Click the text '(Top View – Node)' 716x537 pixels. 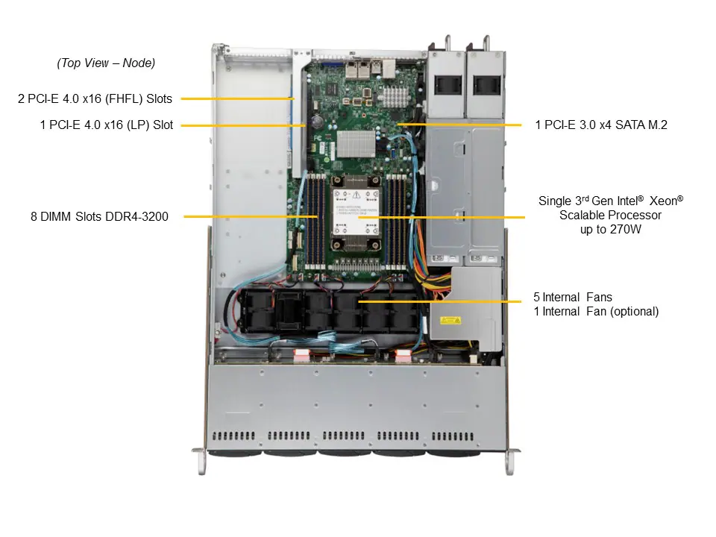point(106,63)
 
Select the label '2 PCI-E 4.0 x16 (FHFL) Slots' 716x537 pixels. point(95,98)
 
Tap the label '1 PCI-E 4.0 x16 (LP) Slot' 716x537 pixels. point(107,125)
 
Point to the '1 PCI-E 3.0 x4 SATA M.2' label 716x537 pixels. point(601,125)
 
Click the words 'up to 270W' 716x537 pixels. point(610,230)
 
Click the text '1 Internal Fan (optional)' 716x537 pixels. point(596,312)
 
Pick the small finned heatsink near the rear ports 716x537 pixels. point(395,95)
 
